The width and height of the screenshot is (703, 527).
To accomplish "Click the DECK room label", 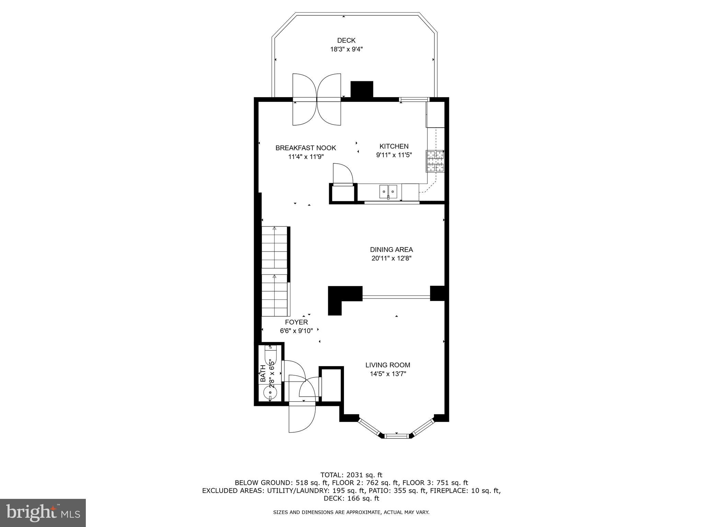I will pos(346,40).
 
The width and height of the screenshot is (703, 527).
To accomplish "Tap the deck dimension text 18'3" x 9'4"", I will pos(346,49).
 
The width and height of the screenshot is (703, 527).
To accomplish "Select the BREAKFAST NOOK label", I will pos(306,148).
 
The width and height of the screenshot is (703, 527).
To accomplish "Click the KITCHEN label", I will pos(394,147).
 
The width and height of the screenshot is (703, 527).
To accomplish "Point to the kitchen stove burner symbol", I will pos(435,161).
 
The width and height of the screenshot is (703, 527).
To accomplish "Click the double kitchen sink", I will pos(388,191).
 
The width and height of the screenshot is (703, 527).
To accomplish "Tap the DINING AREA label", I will pos(391,250).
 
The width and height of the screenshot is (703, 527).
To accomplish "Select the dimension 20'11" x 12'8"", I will pos(391,258).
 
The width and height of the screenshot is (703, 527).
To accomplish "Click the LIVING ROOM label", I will pos(388,365).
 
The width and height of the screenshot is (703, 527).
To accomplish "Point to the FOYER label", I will pos(296,322).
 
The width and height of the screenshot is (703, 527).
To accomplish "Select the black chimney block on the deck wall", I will pos(361,90).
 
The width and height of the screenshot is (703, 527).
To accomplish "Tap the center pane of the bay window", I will pos(396,436).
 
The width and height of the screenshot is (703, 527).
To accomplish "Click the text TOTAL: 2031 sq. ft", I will pos(351,475).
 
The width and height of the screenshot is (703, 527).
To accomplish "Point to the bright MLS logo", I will pos(43,513).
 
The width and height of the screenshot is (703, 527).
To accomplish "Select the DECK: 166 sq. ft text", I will pos(351,498).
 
